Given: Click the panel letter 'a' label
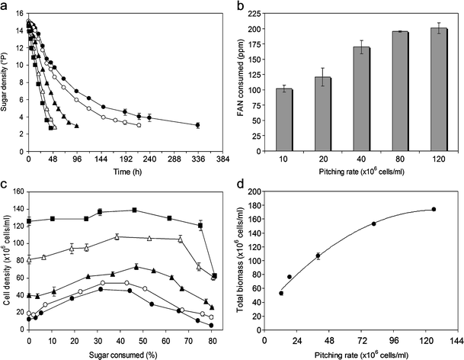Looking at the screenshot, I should [x=6, y=7].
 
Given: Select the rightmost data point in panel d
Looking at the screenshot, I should [x=434, y=209].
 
